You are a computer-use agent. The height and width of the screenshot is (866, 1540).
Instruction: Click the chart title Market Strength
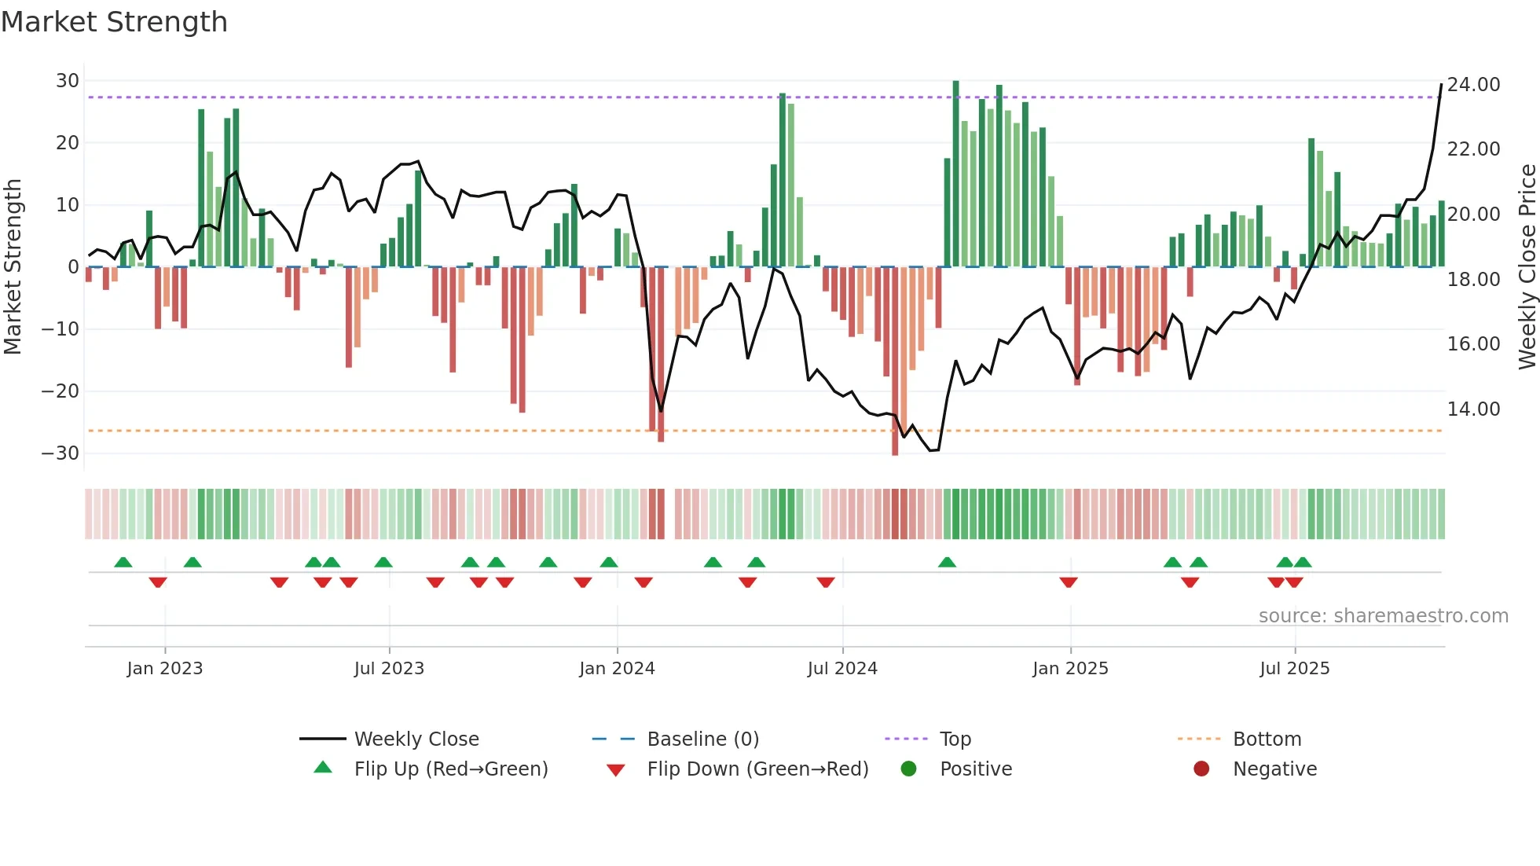click(115, 22)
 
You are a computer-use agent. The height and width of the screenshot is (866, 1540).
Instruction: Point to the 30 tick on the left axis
click(68, 81)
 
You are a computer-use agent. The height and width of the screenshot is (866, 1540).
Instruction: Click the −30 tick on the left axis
click(60, 453)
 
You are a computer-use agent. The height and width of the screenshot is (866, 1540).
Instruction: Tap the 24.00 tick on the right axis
click(1473, 85)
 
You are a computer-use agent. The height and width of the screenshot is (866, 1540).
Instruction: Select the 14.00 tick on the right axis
click(1473, 409)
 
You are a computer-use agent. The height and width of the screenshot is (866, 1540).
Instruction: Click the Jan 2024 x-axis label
click(617, 669)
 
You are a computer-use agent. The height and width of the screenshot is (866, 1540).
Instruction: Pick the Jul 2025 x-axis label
click(1294, 669)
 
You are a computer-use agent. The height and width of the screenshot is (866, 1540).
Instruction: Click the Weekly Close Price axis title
click(1527, 267)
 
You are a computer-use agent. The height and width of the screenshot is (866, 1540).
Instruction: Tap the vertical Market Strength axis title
click(13, 267)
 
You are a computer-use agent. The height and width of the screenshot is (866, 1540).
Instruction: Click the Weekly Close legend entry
click(416, 739)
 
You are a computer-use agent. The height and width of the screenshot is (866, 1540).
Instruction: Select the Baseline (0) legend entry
click(702, 739)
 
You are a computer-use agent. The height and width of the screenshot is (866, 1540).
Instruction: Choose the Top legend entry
click(955, 739)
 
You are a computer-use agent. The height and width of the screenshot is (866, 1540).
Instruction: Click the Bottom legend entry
click(1267, 739)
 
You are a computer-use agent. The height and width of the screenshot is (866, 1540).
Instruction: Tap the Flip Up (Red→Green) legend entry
click(450, 769)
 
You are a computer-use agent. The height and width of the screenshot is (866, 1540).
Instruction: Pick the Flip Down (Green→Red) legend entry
click(757, 769)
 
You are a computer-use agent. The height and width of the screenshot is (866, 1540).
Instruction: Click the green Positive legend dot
click(909, 769)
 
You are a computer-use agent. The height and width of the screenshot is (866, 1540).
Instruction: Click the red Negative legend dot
click(1201, 769)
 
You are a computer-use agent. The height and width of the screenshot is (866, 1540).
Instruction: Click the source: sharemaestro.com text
click(1383, 616)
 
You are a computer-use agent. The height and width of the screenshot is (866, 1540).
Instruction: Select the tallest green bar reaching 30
click(955, 173)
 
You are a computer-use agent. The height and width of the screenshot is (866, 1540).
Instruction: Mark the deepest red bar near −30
click(895, 361)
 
